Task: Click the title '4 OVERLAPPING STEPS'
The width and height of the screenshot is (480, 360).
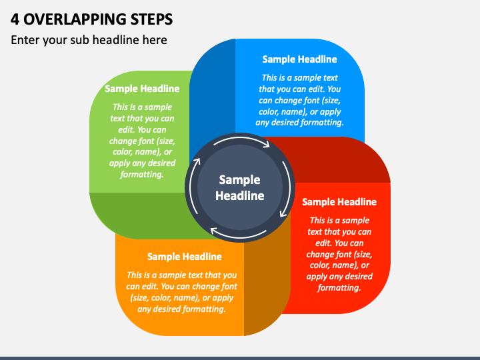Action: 91,19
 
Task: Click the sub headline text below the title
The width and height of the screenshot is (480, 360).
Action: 89,40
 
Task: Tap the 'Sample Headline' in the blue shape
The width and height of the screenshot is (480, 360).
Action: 299,59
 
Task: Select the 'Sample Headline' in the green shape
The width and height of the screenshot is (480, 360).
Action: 142,89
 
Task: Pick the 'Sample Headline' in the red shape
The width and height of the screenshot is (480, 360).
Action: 339,202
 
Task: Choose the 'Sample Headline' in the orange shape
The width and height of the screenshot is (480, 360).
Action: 184,257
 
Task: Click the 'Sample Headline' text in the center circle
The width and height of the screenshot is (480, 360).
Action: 240,187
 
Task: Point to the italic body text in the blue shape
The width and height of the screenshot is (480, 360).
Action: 300,100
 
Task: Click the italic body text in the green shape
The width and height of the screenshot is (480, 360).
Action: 142,141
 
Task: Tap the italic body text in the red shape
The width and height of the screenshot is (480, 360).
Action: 339,254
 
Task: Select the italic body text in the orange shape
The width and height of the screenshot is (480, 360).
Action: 181,292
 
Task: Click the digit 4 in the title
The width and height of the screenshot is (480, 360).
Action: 15,19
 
